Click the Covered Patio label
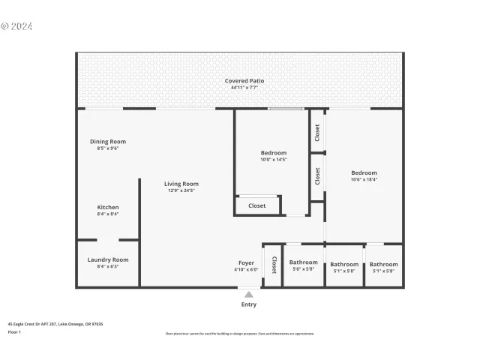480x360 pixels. coord(244,81)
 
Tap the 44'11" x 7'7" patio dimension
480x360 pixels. coord(244,88)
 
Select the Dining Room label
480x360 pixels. coord(108,142)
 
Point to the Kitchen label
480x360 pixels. coord(108,207)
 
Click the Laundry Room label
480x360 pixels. coord(108,259)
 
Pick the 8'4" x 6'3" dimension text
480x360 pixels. coord(108,266)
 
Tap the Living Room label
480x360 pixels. coord(181,184)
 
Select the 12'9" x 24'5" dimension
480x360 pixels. coord(181,190)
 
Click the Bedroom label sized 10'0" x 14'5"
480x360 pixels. coord(274,152)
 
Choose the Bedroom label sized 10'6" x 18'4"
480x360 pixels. coord(364,172)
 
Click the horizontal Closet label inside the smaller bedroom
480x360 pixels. coord(256,205)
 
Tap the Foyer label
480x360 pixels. coord(246,263)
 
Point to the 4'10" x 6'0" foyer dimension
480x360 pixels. coord(246,270)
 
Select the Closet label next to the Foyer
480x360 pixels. coord(274,265)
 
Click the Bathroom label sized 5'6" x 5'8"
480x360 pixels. coord(304,263)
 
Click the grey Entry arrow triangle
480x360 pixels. coord(249,295)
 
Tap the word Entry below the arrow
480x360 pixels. coord(249,304)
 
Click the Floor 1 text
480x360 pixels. coord(14,331)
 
